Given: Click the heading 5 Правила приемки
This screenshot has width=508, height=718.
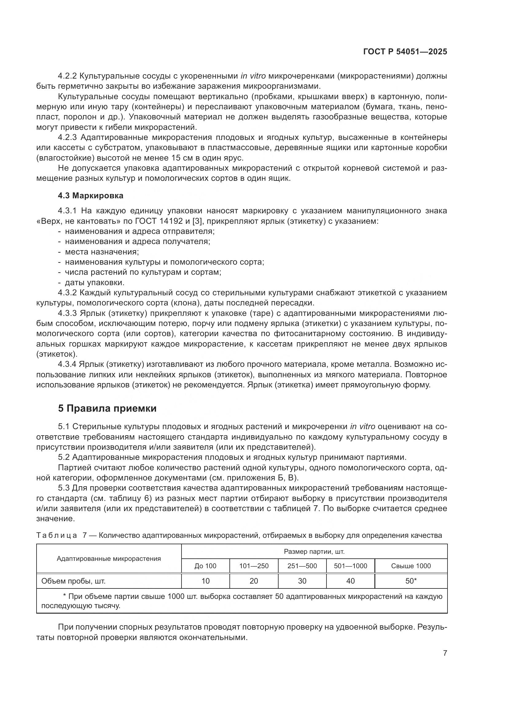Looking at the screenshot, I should click(107, 408).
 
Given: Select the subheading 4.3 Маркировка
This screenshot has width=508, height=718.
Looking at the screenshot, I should click(91, 196).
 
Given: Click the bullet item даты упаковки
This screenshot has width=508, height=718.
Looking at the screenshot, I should click(95, 282).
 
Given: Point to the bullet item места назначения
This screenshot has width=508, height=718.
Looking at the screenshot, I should click(102, 252).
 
